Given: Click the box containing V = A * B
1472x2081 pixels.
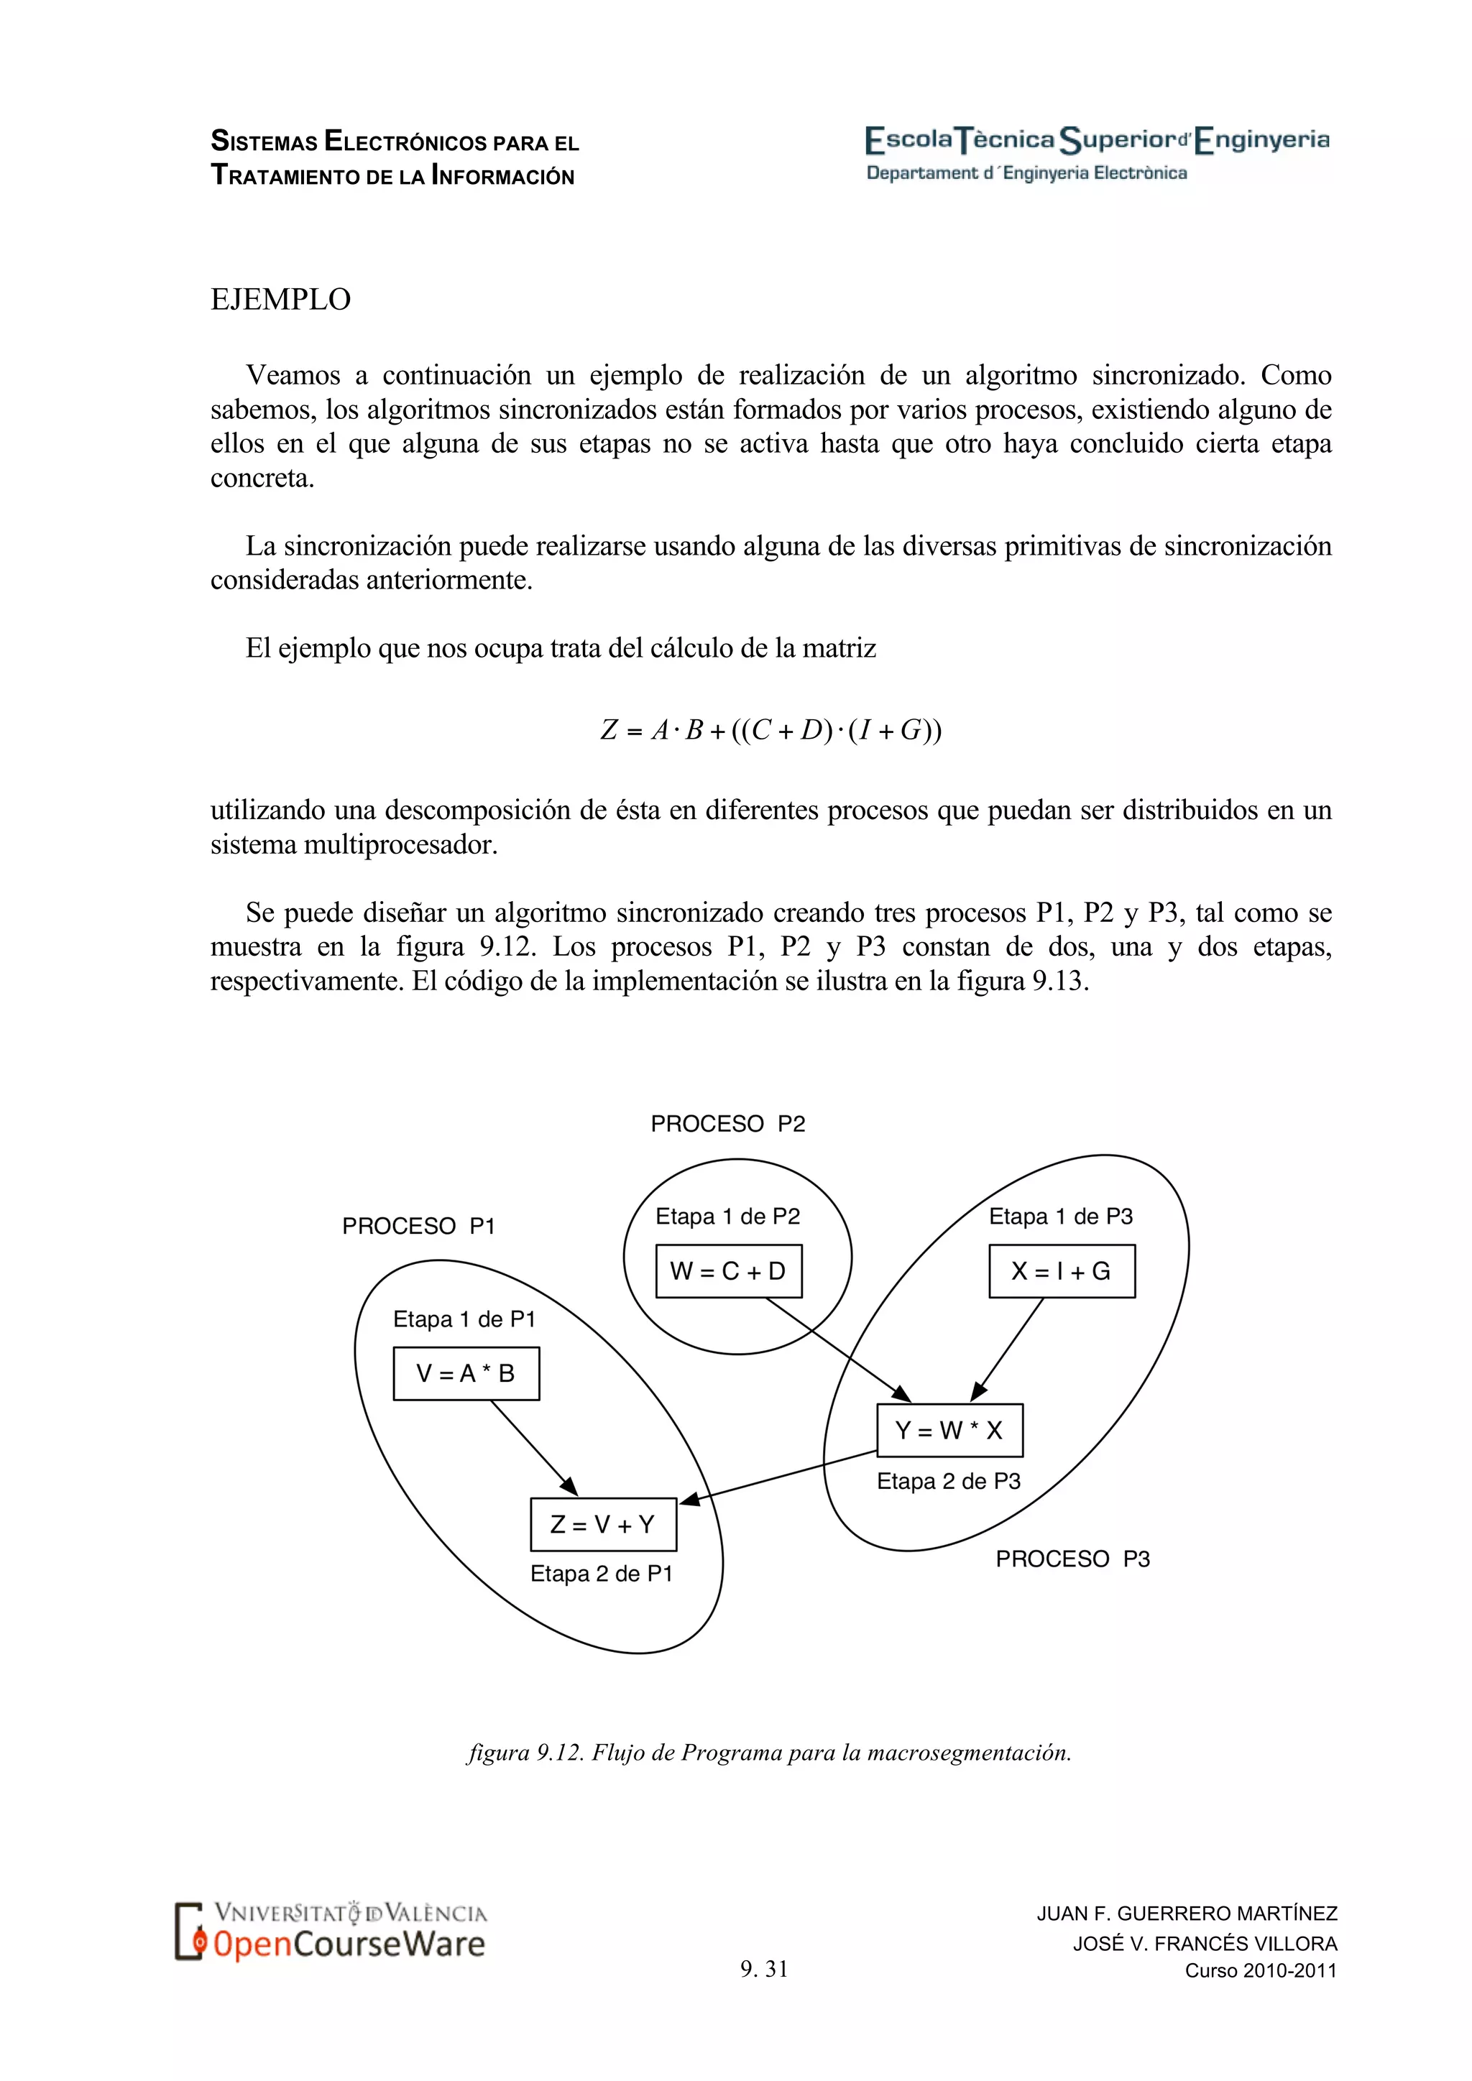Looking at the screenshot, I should tap(466, 1373).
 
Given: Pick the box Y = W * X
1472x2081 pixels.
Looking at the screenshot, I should tap(949, 1430).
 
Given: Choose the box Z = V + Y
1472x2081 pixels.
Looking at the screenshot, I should tap(603, 1525).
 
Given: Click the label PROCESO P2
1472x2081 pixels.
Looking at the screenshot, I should tap(728, 1124).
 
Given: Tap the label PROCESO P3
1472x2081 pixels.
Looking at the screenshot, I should tap(1072, 1559).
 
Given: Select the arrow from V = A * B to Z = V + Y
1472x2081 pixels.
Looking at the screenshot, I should tap(533, 1447).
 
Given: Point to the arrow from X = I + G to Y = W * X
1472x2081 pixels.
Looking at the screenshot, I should tap(1008, 1349).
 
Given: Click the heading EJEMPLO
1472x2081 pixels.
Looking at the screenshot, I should tap(280, 299).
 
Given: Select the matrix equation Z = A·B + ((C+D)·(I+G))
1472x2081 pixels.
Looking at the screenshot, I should tap(771, 729).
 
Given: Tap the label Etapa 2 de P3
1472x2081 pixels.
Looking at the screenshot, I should tap(948, 1481).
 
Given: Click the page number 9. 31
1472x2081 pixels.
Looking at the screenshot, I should tap(764, 1969).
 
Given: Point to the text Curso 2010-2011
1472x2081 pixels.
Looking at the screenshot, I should tap(1261, 1970).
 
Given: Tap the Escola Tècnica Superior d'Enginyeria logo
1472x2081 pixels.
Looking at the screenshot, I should tap(1097, 141).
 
